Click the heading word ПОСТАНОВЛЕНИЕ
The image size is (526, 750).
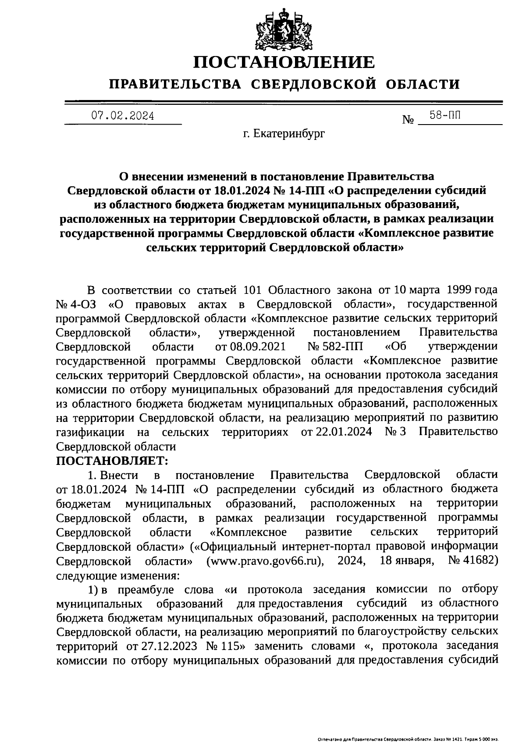pos(284,62)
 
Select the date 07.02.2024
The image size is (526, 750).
pos(123,116)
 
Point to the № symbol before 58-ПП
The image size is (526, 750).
pos(408,120)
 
